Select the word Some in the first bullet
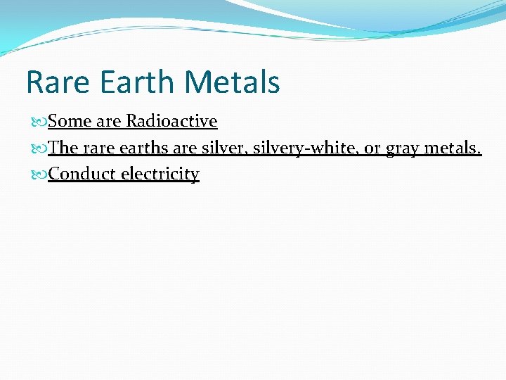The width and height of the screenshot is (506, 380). point(70,121)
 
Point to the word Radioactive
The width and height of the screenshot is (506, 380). point(171,121)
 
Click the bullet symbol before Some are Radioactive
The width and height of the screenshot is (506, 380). point(40,122)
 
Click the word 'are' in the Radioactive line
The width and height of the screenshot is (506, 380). point(109,121)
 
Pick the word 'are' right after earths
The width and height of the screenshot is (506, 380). point(185,148)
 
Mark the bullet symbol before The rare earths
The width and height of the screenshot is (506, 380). point(40,148)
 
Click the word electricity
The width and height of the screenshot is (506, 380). point(160,174)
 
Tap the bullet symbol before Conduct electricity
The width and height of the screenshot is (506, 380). point(40,175)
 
